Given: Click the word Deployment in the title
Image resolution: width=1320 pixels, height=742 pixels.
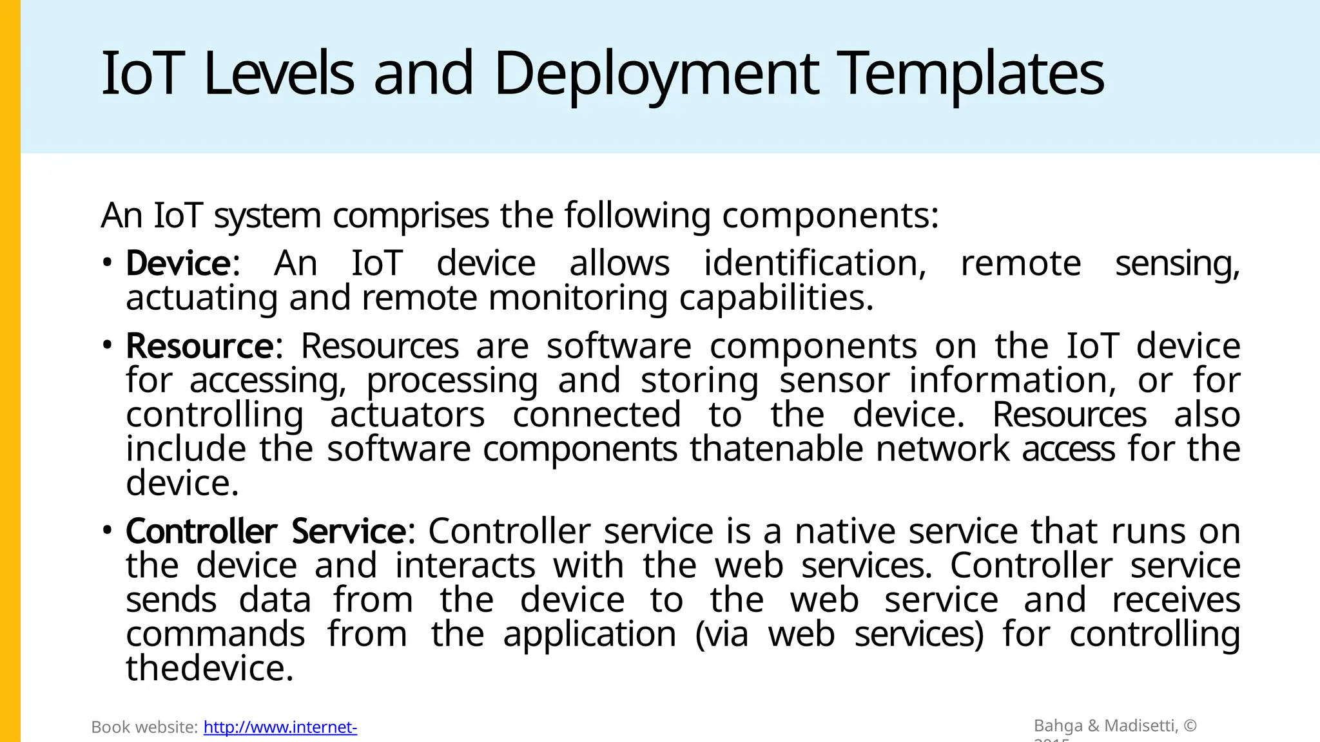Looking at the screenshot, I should (x=656, y=75).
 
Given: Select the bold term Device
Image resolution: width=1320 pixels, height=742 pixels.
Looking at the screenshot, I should (x=178, y=263).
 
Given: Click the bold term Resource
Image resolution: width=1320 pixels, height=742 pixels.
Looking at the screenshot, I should (x=200, y=347).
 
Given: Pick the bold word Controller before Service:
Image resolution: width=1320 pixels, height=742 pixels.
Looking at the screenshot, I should (x=201, y=532).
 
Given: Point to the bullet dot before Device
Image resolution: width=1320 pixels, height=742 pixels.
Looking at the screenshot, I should (x=107, y=262).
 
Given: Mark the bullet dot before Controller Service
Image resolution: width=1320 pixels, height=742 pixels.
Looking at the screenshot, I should (x=107, y=531).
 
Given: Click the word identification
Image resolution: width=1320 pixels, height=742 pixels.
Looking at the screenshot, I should (x=815, y=263).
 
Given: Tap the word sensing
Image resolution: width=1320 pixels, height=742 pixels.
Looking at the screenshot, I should (x=1177, y=263).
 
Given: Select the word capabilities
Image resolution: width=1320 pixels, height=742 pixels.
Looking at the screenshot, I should (x=776, y=298).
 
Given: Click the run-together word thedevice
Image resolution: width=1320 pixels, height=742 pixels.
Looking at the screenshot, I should (x=209, y=669).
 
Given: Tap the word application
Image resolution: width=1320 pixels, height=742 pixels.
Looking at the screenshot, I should (x=590, y=635).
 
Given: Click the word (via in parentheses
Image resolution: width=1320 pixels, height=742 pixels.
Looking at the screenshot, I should (x=722, y=634).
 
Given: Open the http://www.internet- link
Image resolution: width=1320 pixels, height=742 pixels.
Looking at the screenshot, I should (x=280, y=727).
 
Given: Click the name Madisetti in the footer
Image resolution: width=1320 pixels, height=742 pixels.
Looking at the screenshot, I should (x=1141, y=726).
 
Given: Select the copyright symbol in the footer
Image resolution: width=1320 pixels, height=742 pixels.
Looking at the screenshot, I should (x=1190, y=726).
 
